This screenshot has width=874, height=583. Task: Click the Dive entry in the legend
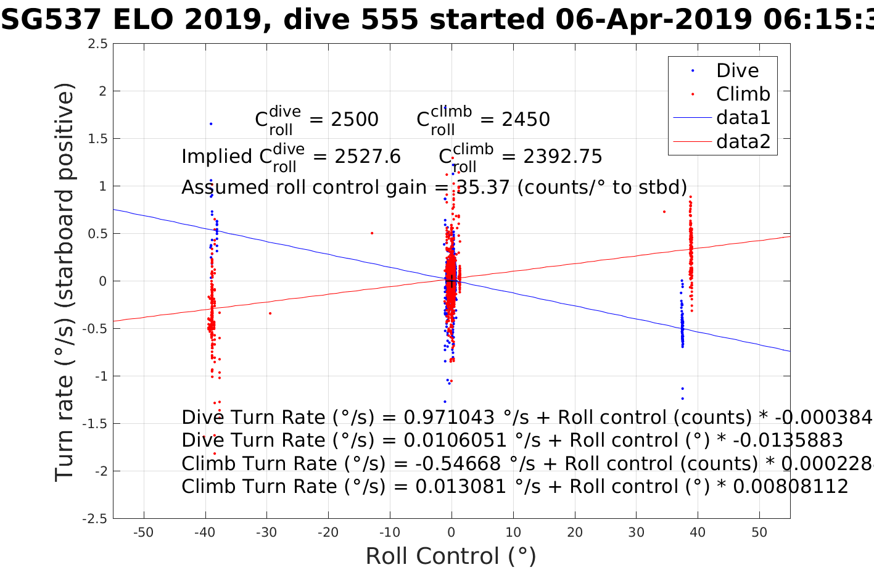(737, 70)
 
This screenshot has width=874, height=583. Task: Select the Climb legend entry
(743, 94)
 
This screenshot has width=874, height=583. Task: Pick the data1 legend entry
(743, 117)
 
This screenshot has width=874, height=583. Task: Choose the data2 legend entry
(743, 141)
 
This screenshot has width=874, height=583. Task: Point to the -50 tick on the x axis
(143, 532)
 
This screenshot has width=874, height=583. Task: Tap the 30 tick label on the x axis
(636, 532)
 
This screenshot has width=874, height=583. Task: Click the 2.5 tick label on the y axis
(97, 44)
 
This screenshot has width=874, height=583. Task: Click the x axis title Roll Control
(451, 556)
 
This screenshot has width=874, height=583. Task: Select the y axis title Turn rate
(65, 281)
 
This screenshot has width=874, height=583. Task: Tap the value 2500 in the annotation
(355, 120)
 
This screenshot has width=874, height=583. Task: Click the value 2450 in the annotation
(526, 120)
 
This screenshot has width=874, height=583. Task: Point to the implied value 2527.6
(368, 157)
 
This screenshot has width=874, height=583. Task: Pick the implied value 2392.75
(563, 157)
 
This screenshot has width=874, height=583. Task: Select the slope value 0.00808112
(790, 486)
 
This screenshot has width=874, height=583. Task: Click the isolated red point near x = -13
(372, 233)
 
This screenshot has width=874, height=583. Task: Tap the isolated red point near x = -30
(270, 313)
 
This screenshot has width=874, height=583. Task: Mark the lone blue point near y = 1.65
(210, 124)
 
